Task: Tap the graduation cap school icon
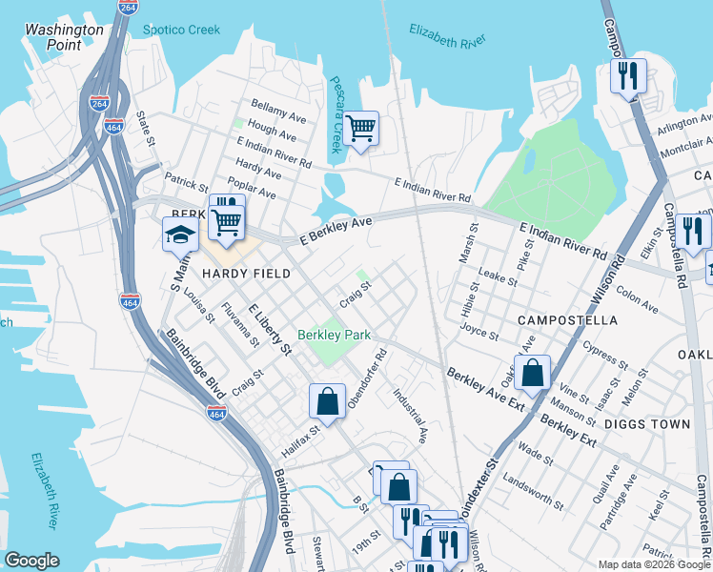(180, 234)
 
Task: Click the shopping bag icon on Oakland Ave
(533, 372)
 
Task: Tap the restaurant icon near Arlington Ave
(628, 75)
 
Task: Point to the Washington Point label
(64, 37)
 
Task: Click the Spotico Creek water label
(181, 30)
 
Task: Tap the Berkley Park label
(334, 335)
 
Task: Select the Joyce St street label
(479, 335)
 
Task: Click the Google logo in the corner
(32, 561)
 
